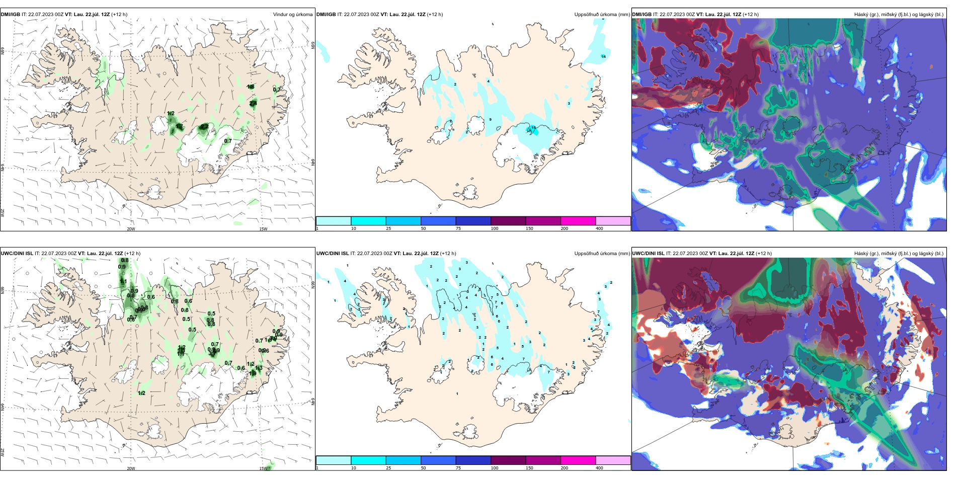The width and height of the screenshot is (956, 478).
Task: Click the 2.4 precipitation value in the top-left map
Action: [253, 104]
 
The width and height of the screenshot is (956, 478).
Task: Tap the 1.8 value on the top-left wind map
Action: [251, 87]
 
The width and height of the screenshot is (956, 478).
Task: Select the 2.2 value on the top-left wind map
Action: [204, 126]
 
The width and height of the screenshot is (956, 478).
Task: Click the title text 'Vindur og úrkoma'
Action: [292, 15]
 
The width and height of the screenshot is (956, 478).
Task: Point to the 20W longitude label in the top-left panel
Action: [131, 229]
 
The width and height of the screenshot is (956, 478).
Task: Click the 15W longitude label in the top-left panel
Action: [263, 229]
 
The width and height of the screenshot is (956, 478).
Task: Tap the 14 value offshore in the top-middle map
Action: [603, 57]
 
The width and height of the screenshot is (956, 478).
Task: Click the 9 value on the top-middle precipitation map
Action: [491, 120]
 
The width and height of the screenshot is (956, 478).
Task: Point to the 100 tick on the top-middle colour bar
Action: [495, 228]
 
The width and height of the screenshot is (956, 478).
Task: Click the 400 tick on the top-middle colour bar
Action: [599, 228]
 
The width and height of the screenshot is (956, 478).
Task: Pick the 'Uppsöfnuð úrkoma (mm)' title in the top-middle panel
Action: [602, 15]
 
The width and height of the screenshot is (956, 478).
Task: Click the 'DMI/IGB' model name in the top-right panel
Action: [642, 15]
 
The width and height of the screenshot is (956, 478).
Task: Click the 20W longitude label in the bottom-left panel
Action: [131, 468]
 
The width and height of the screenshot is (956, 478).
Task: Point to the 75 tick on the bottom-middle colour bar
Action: [458, 468]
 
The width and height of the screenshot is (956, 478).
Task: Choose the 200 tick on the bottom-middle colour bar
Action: [564, 468]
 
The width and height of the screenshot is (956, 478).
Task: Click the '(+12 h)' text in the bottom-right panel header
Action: [763, 254]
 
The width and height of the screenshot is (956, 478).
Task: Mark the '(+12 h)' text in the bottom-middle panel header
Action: [448, 254]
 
